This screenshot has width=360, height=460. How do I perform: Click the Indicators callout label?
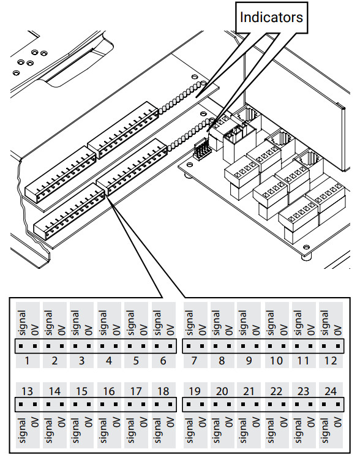click(x=271, y=17)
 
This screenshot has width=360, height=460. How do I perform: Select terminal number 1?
click(x=28, y=361)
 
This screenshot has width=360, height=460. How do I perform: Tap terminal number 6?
click(x=163, y=361)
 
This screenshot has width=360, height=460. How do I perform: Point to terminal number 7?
click(x=195, y=361)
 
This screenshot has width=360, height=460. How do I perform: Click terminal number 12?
click(x=330, y=361)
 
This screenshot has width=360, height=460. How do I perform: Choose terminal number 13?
click(x=28, y=391)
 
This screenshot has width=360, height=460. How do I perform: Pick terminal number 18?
click(x=163, y=391)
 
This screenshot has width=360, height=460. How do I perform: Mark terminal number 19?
click(x=195, y=391)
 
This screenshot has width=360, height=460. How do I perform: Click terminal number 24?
click(x=330, y=391)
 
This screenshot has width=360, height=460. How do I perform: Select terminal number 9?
click(x=249, y=361)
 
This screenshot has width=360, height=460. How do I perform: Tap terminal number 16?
click(x=109, y=391)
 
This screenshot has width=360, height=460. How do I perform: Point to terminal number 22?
click(x=276, y=391)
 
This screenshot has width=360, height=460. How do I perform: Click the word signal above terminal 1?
click(x=21, y=322)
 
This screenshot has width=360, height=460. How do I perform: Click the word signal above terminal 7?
click(x=189, y=322)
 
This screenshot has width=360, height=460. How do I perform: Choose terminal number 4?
click(x=109, y=361)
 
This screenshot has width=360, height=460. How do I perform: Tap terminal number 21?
click(x=249, y=391)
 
